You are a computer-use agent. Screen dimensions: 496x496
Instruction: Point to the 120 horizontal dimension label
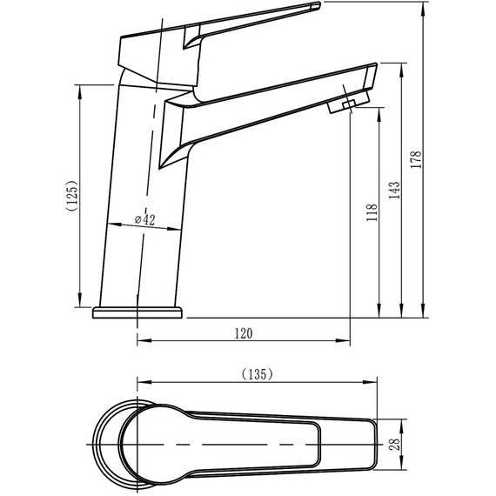coord(244,332)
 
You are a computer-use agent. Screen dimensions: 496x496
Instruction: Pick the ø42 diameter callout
coord(144,221)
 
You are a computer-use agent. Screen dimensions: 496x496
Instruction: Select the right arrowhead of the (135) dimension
coord(372,382)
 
